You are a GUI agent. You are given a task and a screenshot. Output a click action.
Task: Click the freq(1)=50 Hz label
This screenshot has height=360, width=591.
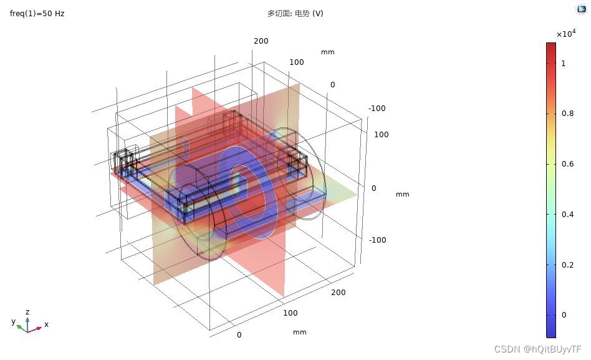pyautogui.click(x=37, y=14)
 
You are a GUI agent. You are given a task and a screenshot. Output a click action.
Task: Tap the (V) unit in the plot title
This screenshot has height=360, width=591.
pyautogui.click(x=318, y=14)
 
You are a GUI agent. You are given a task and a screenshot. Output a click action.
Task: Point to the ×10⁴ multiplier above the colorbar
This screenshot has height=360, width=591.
pyautogui.click(x=566, y=33)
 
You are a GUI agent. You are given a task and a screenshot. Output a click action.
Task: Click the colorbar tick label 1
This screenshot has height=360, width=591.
pyautogui.click(x=564, y=64)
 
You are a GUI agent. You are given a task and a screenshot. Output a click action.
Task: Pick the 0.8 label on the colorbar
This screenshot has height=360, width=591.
pyautogui.click(x=568, y=113)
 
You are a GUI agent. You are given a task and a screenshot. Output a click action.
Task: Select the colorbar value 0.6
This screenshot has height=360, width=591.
pyautogui.click(x=568, y=163)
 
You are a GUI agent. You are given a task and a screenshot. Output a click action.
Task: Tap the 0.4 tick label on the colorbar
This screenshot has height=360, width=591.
pyautogui.click(x=568, y=215)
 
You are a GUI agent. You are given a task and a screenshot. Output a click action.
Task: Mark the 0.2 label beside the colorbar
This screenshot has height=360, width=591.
pyautogui.click(x=568, y=265)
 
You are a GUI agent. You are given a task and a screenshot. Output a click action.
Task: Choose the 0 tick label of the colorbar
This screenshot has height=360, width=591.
pyautogui.click(x=564, y=314)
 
